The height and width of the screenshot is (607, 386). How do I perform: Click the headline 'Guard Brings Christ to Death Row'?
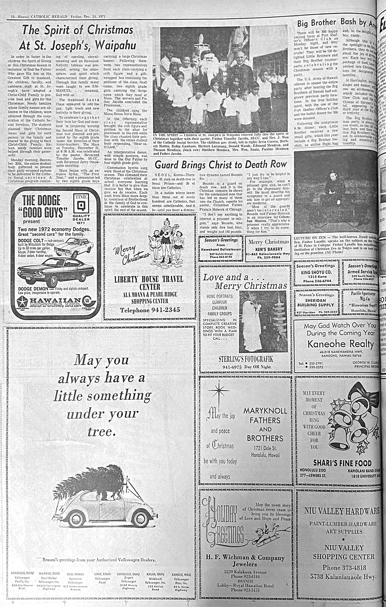pos(221,165)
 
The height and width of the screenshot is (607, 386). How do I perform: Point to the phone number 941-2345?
pos(150,310)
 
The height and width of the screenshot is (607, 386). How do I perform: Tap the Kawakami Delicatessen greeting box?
pos(221,248)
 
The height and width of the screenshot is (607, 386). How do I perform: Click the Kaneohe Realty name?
pos(340,344)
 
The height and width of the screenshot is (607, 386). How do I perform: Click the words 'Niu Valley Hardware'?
pos(342,511)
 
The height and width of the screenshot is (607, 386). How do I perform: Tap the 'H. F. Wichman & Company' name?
pos(245,558)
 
